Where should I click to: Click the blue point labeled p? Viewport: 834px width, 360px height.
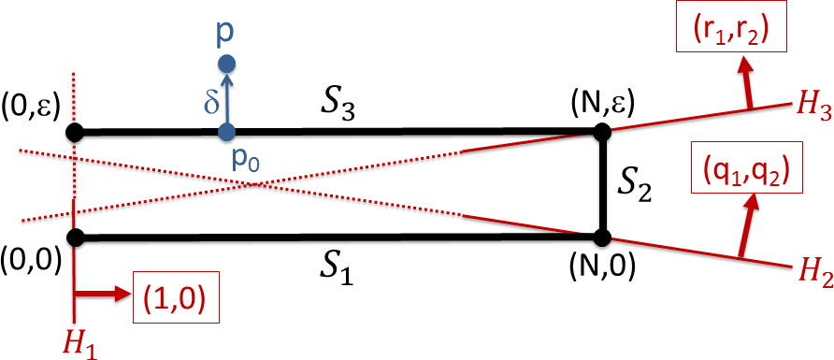coord(226,65)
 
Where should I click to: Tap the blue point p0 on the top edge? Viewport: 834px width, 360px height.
coord(226,132)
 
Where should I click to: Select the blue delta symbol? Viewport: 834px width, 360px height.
coord(211,100)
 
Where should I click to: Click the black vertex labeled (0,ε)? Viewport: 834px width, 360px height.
coord(75,132)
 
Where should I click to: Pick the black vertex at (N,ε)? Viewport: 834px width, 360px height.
coord(602,132)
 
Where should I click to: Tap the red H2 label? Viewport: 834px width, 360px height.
coord(812,275)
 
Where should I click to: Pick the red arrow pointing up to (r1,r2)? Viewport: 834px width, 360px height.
coord(746,85)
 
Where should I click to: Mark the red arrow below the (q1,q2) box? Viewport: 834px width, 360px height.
coord(745,225)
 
